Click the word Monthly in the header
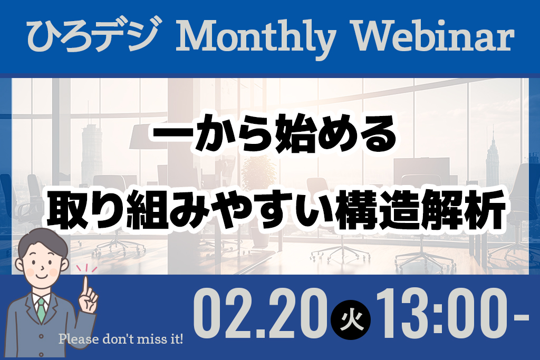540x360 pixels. [256, 39]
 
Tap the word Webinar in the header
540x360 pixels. [432, 36]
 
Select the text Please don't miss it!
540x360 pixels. [121, 339]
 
